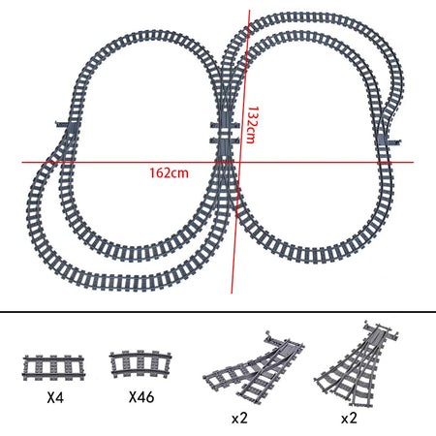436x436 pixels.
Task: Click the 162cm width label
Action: (168, 172)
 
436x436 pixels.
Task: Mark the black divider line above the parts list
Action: (218, 314)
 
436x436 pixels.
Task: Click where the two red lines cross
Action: (240, 161)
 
